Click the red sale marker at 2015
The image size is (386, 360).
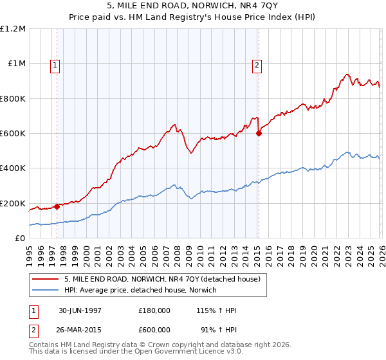(x=259, y=134)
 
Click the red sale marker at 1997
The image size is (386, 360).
(x=57, y=206)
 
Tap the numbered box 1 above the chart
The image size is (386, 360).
(x=55, y=64)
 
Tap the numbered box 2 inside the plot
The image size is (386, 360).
(x=257, y=64)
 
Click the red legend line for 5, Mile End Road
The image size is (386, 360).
(x=45, y=279)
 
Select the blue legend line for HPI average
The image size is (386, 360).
(x=45, y=291)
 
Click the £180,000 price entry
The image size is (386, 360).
(x=154, y=310)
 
